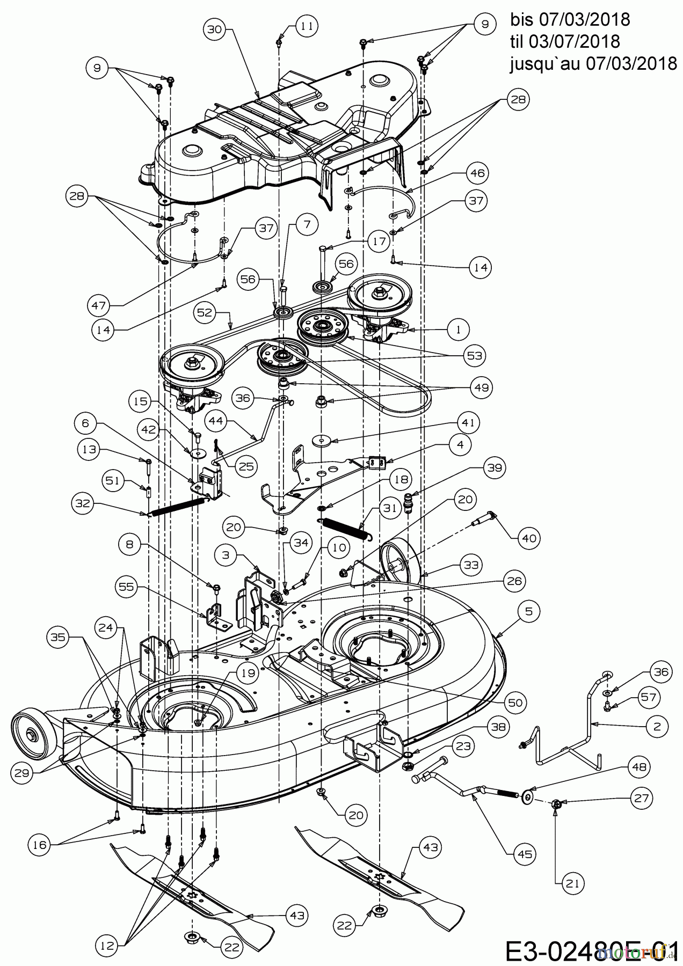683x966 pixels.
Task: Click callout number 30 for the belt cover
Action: click(x=215, y=31)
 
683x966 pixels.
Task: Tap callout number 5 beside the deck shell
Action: click(x=529, y=611)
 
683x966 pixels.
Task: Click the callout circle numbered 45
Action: click(x=525, y=853)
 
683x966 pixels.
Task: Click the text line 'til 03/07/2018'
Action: click(x=565, y=41)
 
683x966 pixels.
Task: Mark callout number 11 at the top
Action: click(x=306, y=25)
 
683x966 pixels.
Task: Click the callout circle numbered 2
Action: click(x=657, y=726)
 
